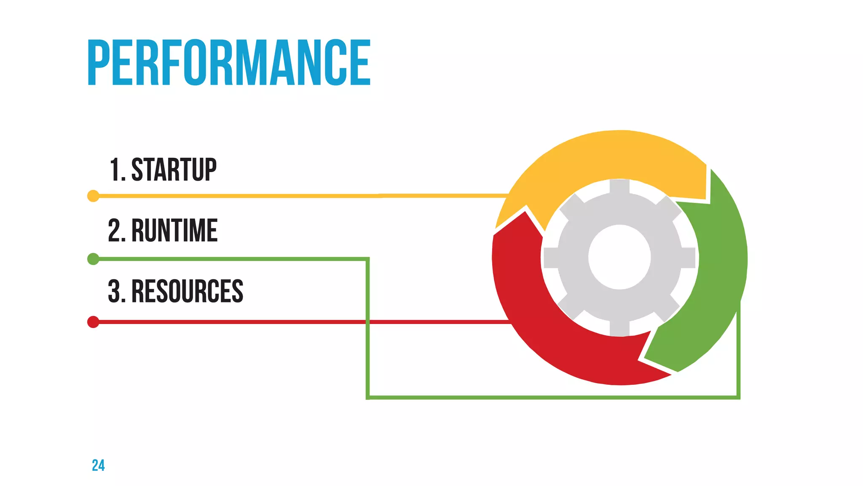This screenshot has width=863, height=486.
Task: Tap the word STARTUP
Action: pos(174,170)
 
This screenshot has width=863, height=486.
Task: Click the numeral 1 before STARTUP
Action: pos(115,170)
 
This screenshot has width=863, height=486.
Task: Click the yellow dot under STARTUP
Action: pos(93,196)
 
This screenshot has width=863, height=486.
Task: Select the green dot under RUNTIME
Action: pos(93,259)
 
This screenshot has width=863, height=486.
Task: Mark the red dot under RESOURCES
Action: pos(93,322)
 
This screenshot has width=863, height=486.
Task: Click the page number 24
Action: pos(98,465)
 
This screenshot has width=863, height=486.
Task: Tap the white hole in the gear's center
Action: pos(619,257)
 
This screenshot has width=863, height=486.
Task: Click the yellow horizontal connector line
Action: pos(295,196)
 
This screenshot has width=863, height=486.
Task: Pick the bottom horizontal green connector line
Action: pos(548,397)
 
